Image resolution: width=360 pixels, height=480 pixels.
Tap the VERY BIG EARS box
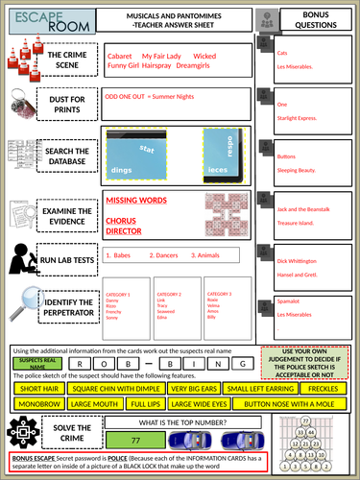(193, 388)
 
